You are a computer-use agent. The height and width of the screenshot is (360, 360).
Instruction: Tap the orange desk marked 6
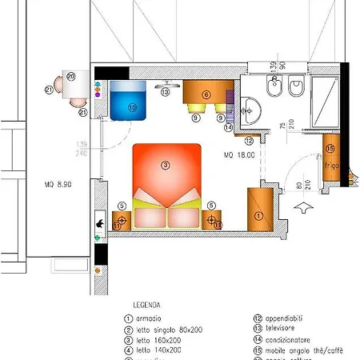click(x=206, y=95)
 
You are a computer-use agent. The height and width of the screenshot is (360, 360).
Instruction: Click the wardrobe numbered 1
click(x=258, y=210)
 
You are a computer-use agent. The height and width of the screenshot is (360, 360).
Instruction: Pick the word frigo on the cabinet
click(x=333, y=166)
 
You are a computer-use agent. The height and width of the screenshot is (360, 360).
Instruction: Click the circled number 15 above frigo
click(x=331, y=148)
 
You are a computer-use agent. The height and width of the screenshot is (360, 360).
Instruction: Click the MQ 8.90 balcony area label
click(x=58, y=184)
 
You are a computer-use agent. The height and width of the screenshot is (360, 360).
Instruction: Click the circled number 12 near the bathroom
click(x=249, y=141)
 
